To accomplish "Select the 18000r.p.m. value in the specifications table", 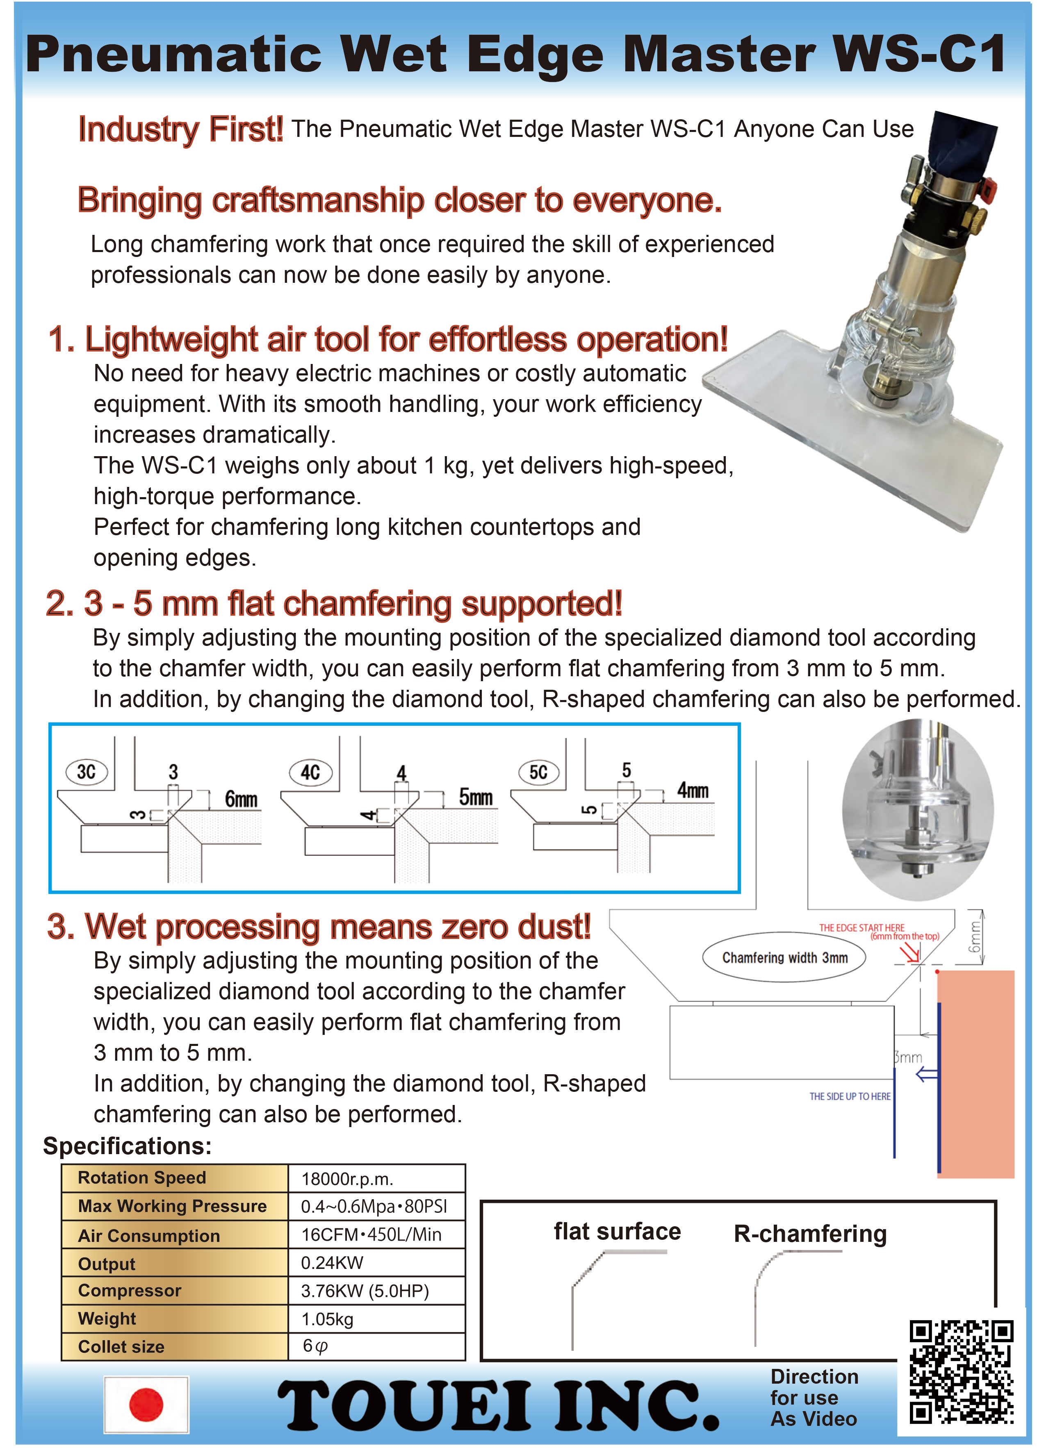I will [347, 1179].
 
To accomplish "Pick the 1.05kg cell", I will [327, 1319].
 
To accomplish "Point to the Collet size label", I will [121, 1346].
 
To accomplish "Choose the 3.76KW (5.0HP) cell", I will [365, 1291].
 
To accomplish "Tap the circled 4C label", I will [310, 773].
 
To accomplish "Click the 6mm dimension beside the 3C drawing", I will [241, 799].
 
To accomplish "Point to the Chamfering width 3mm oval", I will [784, 958].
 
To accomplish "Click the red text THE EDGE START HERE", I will [861, 927].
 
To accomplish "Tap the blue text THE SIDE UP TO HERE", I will [849, 1096].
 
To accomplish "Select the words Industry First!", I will [180, 130].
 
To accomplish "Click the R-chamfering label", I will [810, 1234].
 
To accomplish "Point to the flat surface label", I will [617, 1232].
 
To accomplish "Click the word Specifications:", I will [127, 1146].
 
